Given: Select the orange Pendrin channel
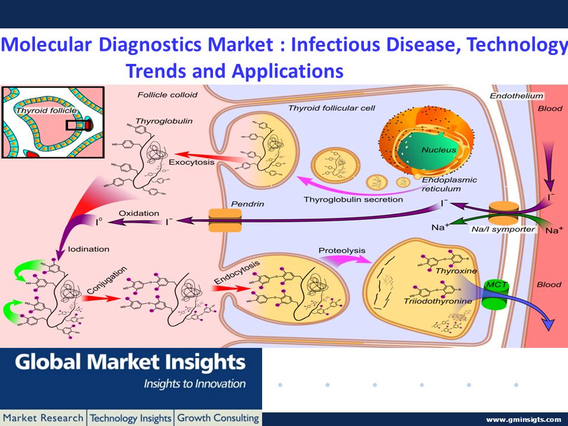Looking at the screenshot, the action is (x=225, y=220).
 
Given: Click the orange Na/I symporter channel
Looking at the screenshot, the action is (x=504, y=214).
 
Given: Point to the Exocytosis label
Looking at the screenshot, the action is (x=192, y=162).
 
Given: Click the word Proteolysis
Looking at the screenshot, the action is (x=342, y=250).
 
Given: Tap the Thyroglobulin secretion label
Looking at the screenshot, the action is (x=353, y=199).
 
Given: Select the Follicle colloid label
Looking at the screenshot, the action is (x=167, y=95).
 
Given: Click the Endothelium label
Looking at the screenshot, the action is (x=517, y=96).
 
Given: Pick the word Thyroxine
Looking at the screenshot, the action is (x=456, y=271).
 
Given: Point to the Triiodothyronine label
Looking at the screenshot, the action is (x=438, y=301).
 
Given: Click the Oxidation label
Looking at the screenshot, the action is (x=138, y=213).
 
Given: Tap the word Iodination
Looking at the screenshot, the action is (x=88, y=249).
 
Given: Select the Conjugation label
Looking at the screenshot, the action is (x=107, y=280).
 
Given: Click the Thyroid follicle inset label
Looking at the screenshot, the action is (x=46, y=111).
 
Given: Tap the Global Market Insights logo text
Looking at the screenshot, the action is (x=130, y=362).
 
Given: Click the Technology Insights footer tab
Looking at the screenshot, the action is (x=130, y=418).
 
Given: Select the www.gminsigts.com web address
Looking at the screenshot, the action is (x=524, y=419).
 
